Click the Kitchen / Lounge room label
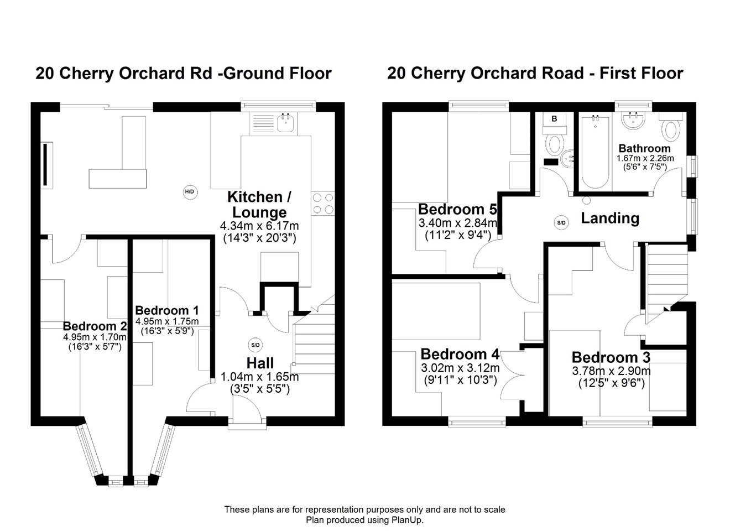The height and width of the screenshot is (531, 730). pos(259,205)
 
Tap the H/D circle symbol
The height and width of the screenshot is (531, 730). pos(190,192)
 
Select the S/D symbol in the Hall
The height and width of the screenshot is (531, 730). pos(255,345)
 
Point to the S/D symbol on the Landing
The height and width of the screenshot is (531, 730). pos(561,223)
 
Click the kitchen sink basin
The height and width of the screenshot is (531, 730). pos(285,123)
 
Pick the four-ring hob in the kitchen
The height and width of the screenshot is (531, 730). pos(323,203)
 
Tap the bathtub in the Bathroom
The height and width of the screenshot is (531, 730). pos(595,152)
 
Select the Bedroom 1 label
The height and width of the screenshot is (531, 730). pos(167,310)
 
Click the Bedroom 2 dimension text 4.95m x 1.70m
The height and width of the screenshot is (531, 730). pos(95,337)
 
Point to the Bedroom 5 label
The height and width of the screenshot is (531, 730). pos(457,209)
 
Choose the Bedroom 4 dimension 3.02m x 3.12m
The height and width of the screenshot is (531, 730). pos(460,368)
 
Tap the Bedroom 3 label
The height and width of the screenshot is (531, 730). pos(611,357)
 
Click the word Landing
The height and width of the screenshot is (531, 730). pos(610,218)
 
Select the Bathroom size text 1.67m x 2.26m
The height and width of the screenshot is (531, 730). pos(645,158)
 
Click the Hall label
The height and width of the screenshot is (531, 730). pos(260,363)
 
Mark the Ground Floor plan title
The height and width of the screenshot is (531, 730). pos(184,73)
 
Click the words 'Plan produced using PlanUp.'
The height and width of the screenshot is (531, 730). pos(364,520)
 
